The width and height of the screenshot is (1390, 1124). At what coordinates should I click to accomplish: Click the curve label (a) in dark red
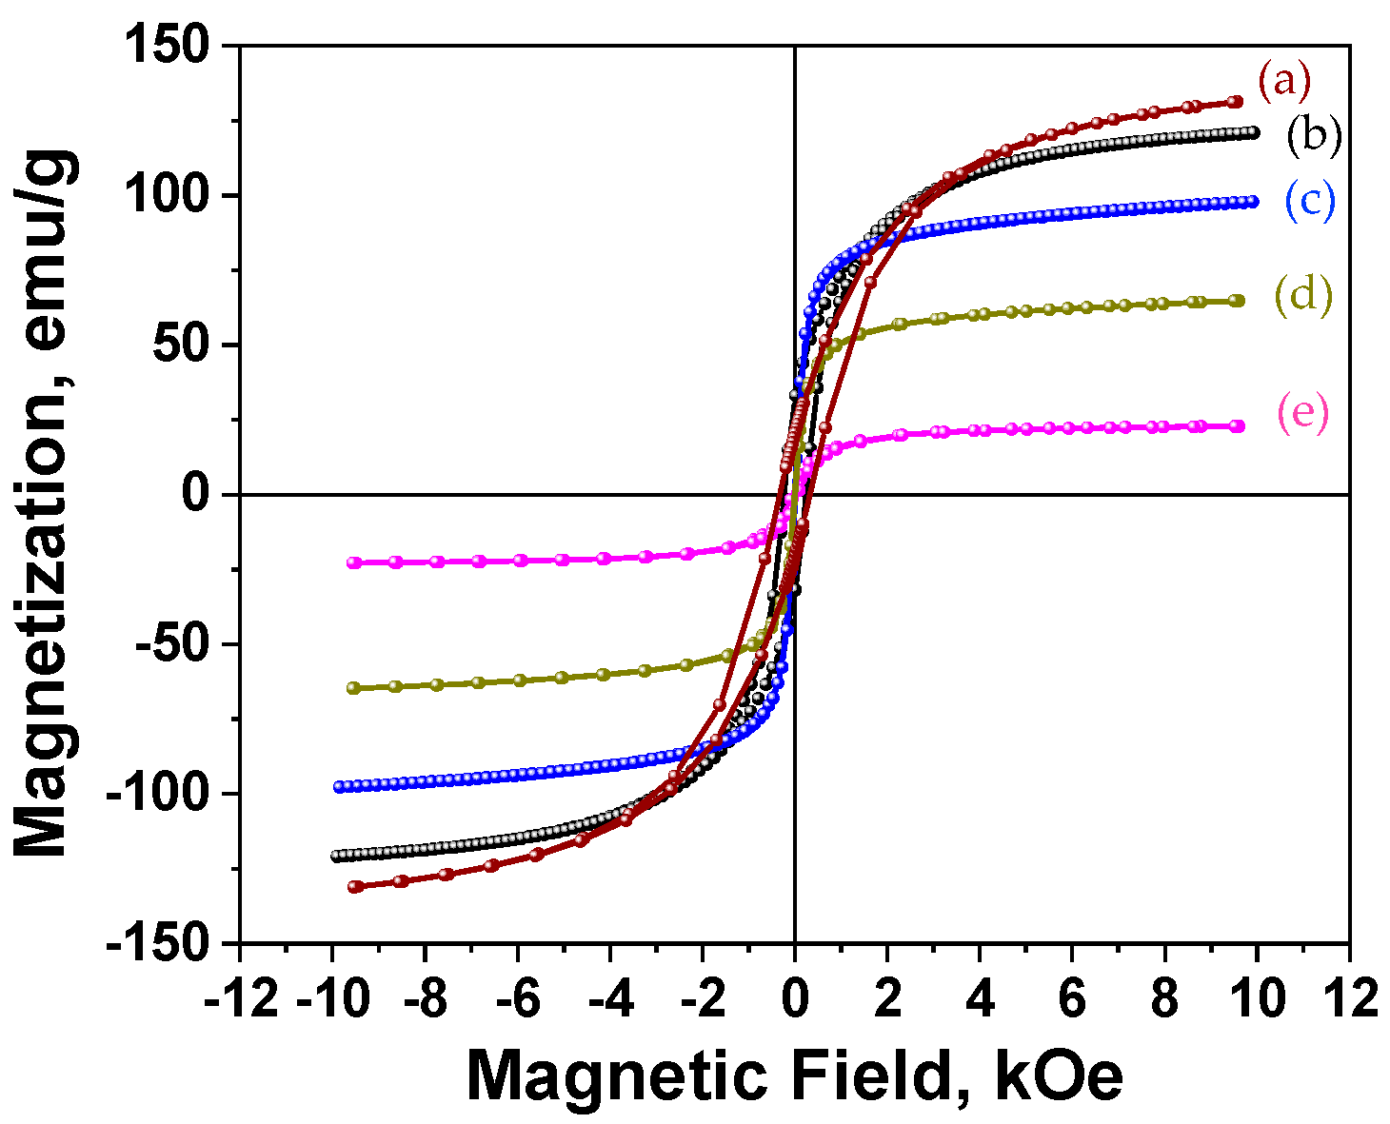pos(1284,82)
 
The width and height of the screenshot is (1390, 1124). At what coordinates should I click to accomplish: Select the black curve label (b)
pos(1314,136)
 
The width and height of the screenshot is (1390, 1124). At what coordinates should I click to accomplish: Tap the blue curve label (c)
pos(1310,201)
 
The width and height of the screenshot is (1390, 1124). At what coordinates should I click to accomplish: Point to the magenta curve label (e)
pos(1302,415)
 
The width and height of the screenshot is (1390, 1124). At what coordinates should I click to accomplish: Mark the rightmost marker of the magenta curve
pos(1238,426)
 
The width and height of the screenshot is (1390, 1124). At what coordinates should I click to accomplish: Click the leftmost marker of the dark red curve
pos(354,887)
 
